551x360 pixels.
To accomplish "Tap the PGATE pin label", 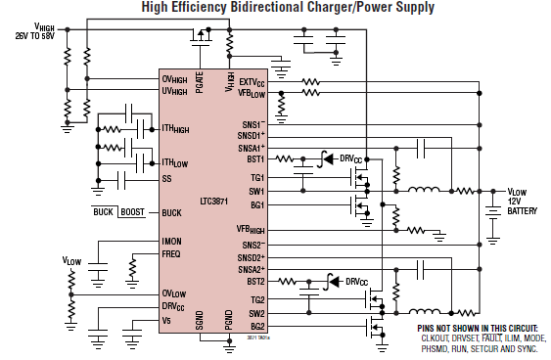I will pyautogui.click(x=201, y=81).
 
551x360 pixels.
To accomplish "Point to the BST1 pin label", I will pyautogui.click(x=255, y=157).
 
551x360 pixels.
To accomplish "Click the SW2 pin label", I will pyautogui.click(x=256, y=313).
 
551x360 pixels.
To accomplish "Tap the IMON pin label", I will pyautogui.click(x=172, y=241).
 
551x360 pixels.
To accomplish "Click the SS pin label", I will pyautogui.click(x=166, y=178).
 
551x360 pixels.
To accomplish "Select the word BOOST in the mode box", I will pyautogui.click(x=136, y=212).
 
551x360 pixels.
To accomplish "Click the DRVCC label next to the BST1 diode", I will pyautogui.click(x=350, y=157).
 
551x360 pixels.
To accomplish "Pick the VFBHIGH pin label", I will pyautogui.click(x=251, y=228).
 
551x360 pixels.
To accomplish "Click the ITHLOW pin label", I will pyautogui.click(x=175, y=162).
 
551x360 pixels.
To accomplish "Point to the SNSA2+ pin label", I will pyautogui.click(x=252, y=268).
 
